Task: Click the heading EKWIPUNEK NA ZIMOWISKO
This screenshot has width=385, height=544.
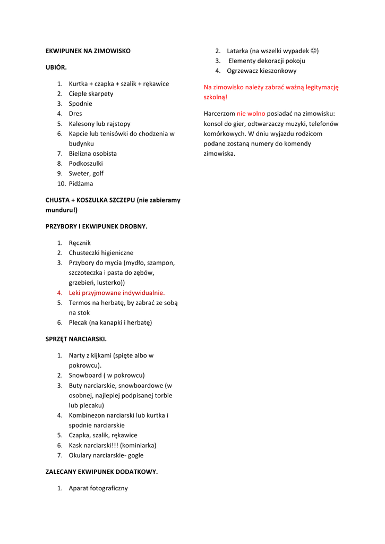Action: click(x=88, y=51)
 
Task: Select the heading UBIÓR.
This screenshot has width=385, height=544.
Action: click(x=56, y=67)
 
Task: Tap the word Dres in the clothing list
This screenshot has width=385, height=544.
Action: click(x=75, y=114)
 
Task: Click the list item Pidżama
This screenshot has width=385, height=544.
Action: click(x=81, y=184)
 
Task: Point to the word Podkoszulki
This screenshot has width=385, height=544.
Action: click(x=85, y=164)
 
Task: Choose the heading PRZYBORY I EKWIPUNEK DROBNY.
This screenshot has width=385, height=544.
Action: click(x=96, y=226)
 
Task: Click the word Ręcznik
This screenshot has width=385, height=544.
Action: click(x=80, y=243)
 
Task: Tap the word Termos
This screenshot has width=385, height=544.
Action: click(x=80, y=303)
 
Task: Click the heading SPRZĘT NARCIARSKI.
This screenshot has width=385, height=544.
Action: click(x=76, y=338)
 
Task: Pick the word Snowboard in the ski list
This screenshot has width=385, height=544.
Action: click(x=86, y=375)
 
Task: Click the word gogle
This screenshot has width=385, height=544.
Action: click(x=135, y=455)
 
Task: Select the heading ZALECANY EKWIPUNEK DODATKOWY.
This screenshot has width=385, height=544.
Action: click(x=101, y=472)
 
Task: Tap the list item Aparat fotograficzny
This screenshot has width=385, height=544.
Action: click(x=98, y=488)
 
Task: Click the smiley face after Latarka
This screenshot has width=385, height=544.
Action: click(x=314, y=51)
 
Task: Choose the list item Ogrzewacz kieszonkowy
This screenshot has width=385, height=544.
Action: click(x=262, y=71)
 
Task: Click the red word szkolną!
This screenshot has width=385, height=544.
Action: click(x=216, y=97)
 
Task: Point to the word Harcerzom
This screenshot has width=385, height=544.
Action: click(x=219, y=114)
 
